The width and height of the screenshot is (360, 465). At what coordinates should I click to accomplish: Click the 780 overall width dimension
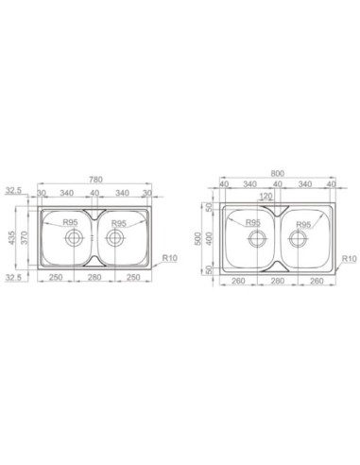[95, 180]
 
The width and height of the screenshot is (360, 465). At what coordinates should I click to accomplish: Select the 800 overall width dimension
[277, 174]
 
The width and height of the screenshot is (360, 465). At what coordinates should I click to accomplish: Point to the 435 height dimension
[11, 238]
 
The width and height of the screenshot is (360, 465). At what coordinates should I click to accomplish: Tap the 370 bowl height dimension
[25, 237]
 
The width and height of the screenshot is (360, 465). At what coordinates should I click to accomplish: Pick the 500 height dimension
[197, 238]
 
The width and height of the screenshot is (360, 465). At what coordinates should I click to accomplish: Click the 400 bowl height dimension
[210, 238]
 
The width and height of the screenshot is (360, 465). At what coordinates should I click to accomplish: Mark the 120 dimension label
[266, 197]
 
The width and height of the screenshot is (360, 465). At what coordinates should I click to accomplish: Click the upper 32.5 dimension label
[13, 190]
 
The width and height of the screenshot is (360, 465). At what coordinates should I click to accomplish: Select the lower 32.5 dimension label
[13, 278]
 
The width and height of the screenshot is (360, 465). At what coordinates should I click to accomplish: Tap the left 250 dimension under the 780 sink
[56, 278]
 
